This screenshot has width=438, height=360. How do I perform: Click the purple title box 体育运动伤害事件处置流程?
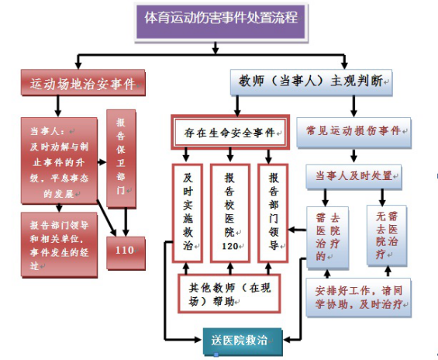click(x=221, y=22)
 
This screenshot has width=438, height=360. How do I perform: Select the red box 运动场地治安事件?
click(x=83, y=83)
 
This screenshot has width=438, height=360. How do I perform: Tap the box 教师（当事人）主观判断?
click(x=311, y=82)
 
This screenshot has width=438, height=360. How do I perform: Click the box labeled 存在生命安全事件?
click(x=230, y=132)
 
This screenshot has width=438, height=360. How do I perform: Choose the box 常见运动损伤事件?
click(x=354, y=132)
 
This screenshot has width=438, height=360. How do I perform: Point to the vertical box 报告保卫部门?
click(x=121, y=158)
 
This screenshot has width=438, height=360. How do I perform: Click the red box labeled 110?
click(x=126, y=253)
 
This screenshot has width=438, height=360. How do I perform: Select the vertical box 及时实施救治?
click(x=188, y=213)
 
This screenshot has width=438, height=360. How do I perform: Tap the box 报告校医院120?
click(x=230, y=213)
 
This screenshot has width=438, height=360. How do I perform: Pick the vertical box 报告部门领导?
click(x=273, y=213)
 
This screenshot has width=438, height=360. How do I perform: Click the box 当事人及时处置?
click(x=354, y=177)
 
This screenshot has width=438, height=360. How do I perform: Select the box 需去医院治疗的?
click(x=327, y=237)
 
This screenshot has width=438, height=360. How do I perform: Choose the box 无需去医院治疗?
click(x=387, y=235)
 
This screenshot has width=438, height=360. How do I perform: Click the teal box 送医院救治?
click(x=243, y=342)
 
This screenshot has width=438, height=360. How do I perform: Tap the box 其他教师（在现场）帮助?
click(x=229, y=293)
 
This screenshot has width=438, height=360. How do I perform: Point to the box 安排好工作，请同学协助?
click(x=358, y=297)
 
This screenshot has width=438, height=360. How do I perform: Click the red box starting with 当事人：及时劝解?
click(x=59, y=161)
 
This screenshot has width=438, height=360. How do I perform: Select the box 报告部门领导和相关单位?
click(x=59, y=245)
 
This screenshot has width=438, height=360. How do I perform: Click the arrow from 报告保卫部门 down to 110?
click(x=126, y=222)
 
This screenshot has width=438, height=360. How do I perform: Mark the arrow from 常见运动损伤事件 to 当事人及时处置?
click(x=354, y=156)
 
